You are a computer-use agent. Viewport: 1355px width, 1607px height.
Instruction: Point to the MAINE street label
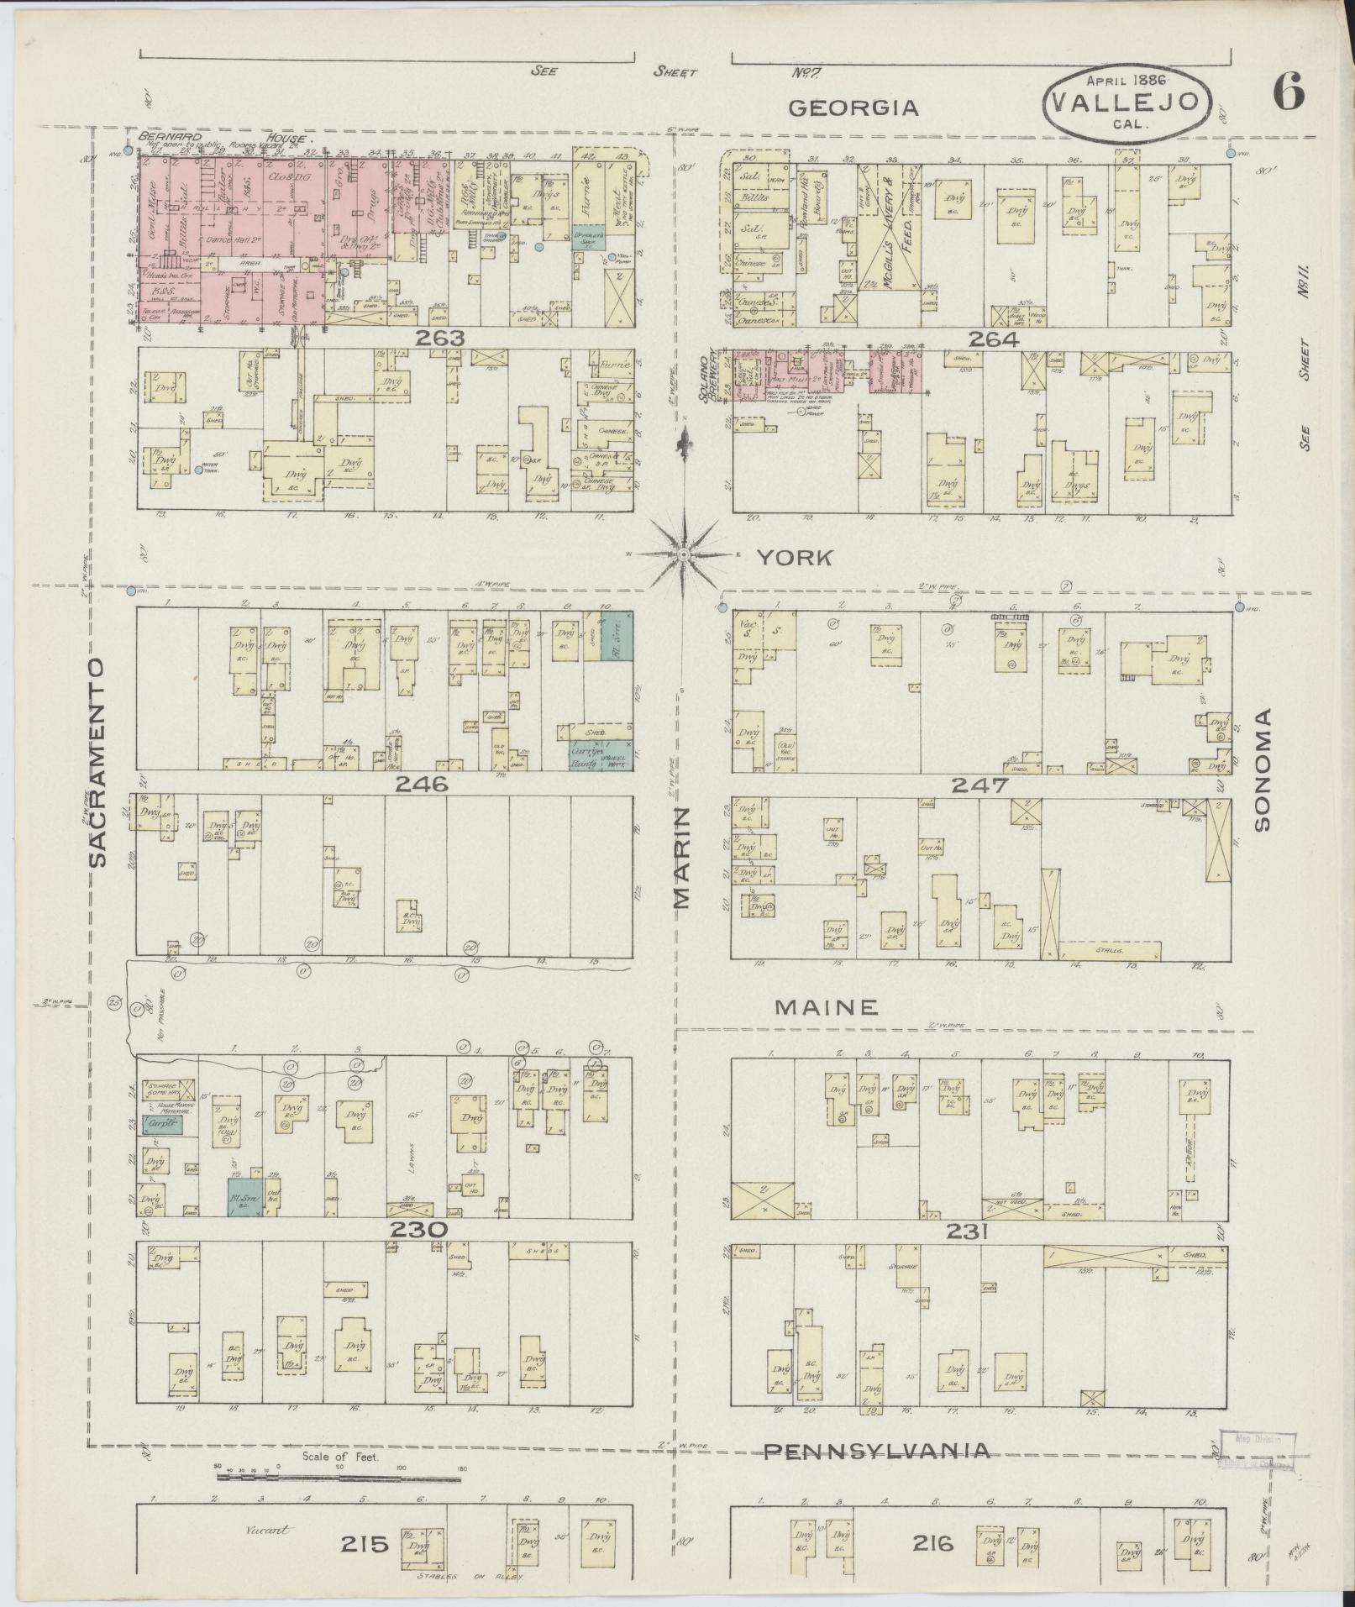tap(827, 1007)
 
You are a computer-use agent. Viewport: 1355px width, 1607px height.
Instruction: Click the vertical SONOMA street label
tap(1262, 769)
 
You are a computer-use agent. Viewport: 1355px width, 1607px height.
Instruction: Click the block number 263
tap(444, 339)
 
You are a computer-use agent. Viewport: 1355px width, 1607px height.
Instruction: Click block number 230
tap(417, 1230)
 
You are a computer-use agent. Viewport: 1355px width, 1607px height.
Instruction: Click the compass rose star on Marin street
tap(684, 555)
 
